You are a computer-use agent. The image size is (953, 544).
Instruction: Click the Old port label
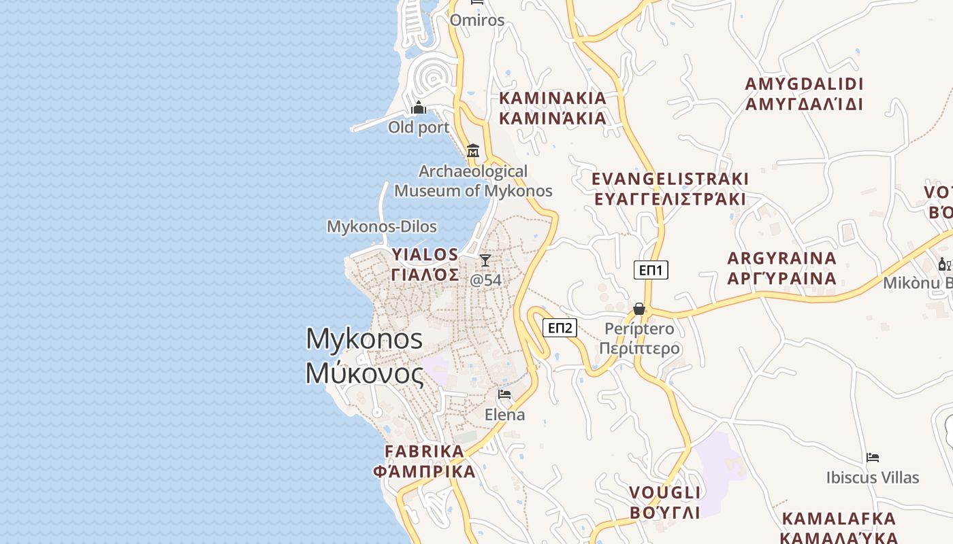pyautogui.click(x=419, y=127)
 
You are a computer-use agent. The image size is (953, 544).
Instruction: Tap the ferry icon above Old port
pyautogui.click(x=419, y=107)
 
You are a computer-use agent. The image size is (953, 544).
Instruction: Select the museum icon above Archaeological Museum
pyautogui.click(x=473, y=150)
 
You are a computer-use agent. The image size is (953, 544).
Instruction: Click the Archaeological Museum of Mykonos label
pyautogui.click(x=473, y=181)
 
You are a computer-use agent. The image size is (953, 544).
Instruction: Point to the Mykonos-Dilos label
pyautogui.click(x=382, y=226)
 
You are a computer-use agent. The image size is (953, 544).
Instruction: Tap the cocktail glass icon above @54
pyautogui.click(x=485, y=260)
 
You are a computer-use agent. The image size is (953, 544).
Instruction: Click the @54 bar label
pyautogui.click(x=486, y=279)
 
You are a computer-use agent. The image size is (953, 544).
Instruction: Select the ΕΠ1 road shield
pyautogui.click(x=651, y=270)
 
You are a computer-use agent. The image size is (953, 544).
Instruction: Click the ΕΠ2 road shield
pyautogui.click(x=560, y=328)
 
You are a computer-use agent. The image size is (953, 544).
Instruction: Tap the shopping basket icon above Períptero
pyautogui.click(x=639, y=309)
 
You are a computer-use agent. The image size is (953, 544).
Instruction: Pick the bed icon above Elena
pyautogui.click(x=504, y=394)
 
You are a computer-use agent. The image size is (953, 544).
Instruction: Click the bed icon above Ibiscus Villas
pyautogui.click(x=873, y=458)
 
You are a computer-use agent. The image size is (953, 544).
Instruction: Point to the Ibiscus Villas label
pyautogui.click(x=873, y=477)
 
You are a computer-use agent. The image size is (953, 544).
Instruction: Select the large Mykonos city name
pyautogui.click(x=365, y=356)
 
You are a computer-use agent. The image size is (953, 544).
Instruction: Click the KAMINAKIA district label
pyautogui.click(x=553, y=108)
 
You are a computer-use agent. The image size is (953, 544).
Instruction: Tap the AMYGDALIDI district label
pyautogui.click(x=804, y=94)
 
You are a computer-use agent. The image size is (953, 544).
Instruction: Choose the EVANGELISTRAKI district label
pyautogui.click(x=670, y=189)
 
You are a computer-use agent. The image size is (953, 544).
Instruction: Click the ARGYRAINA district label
pyautogui.click(x=782, y=268)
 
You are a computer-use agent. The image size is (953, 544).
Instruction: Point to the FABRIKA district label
pyautogui.click(x=424, y=461)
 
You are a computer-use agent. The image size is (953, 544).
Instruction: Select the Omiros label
pyautogui.click(x=477, y=20)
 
